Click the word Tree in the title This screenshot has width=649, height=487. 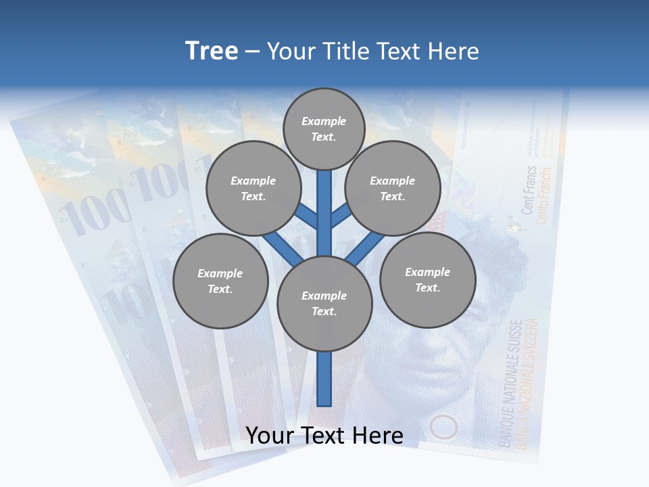[212, 51]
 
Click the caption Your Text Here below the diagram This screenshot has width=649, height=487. [324, 435]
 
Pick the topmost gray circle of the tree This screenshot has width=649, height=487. [324, 129]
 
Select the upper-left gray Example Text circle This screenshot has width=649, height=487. [254, 188]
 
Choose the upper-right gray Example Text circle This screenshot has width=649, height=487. [393, 188]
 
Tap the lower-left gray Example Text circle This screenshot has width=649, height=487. [220, 281]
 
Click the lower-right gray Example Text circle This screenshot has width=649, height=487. [427, 279]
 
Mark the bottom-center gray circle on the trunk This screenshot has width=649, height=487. [324, 304]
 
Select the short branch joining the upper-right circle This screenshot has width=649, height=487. [341, 216]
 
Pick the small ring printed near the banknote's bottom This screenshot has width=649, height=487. [443, 427]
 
